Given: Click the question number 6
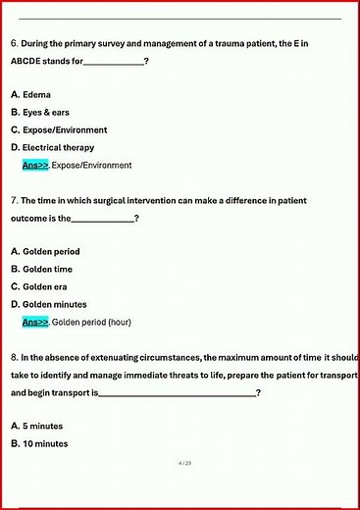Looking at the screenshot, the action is pyautogui.click(x=14, y=43).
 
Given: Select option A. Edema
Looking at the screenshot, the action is pyautogui.click(x=31, y=94).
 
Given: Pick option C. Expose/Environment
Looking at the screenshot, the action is pyautogui.click(x=59, y=129).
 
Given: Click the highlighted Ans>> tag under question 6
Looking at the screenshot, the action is pyautogui.click(x=35, y=165).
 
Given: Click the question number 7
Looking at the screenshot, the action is pyautogui.click(x=14, y=200).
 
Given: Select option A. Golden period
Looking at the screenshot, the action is pyautogui.click(x=45, y=251).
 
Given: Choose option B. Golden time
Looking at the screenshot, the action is pyautogui.click(x=41, y=269).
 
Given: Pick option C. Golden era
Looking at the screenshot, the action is pyautogui.click(x=39, y=286).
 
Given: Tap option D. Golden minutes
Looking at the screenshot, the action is pyautogui.click(x=48, y=304).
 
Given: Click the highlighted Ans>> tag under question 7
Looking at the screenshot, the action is pyautogui.click(x=35, y=322).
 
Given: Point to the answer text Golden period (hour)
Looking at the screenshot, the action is pyautogui.click(x=91, y=322).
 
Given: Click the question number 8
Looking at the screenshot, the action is pyautogui.click(x=14, y=357).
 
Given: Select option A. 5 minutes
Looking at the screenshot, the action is pyautogui.click(x=39, y=426).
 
